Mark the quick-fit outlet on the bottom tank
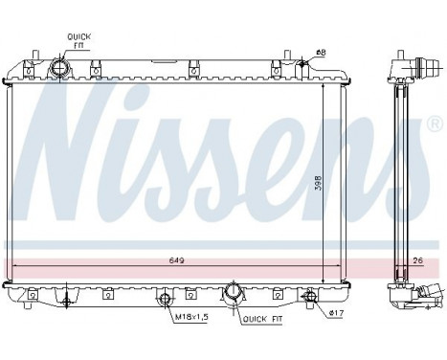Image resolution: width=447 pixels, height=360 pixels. pos(233,292)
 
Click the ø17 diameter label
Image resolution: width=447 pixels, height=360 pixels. pos(335,313)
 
